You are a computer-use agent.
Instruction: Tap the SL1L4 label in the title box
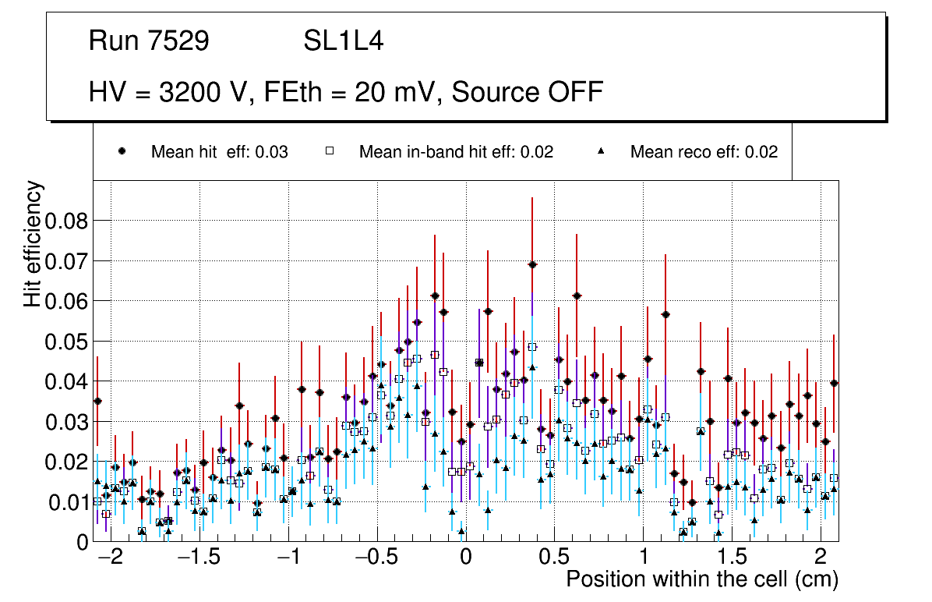point(343,41)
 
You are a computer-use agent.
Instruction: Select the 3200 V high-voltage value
point(206,92)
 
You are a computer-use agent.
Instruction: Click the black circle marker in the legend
point(122,152)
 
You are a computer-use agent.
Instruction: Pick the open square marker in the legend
point(329,152)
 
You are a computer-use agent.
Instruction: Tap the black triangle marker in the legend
point(601,152)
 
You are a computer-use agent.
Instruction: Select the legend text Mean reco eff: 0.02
point(704,152)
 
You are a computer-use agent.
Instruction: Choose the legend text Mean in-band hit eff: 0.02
point(456,152)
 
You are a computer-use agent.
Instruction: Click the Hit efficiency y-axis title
point(34,243)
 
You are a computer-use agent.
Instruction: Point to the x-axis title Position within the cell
point(701,579)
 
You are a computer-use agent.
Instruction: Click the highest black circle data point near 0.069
point(532,264)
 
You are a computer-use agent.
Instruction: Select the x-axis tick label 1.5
point(732,558)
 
